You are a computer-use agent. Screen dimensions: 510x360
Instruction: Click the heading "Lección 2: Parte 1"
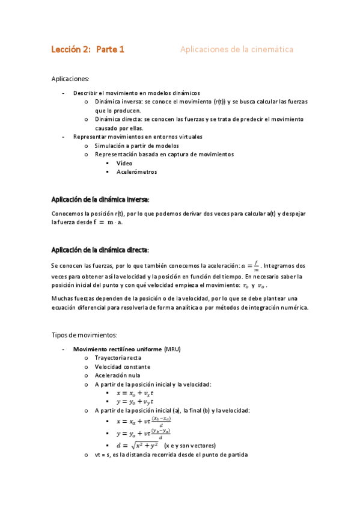click(88, 50)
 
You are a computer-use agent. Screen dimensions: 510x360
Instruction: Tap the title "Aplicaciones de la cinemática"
click(237, 50)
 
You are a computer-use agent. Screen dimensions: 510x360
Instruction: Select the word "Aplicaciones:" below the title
click(70, 79)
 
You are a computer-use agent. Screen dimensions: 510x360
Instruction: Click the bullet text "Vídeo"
click(124, 163)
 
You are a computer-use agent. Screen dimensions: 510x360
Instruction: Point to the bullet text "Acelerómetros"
click(136, 171)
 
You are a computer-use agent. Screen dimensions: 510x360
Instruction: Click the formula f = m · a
click(108, 222)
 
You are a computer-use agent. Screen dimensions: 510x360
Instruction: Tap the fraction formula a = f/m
click(249, 265)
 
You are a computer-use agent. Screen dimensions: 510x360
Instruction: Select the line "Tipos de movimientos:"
click(84, 334)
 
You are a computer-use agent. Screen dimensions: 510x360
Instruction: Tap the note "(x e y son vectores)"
click(189, 446)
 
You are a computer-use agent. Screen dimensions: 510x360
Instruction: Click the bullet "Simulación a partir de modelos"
click(136, 146)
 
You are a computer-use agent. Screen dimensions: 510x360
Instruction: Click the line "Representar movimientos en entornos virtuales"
click(138, 137)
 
